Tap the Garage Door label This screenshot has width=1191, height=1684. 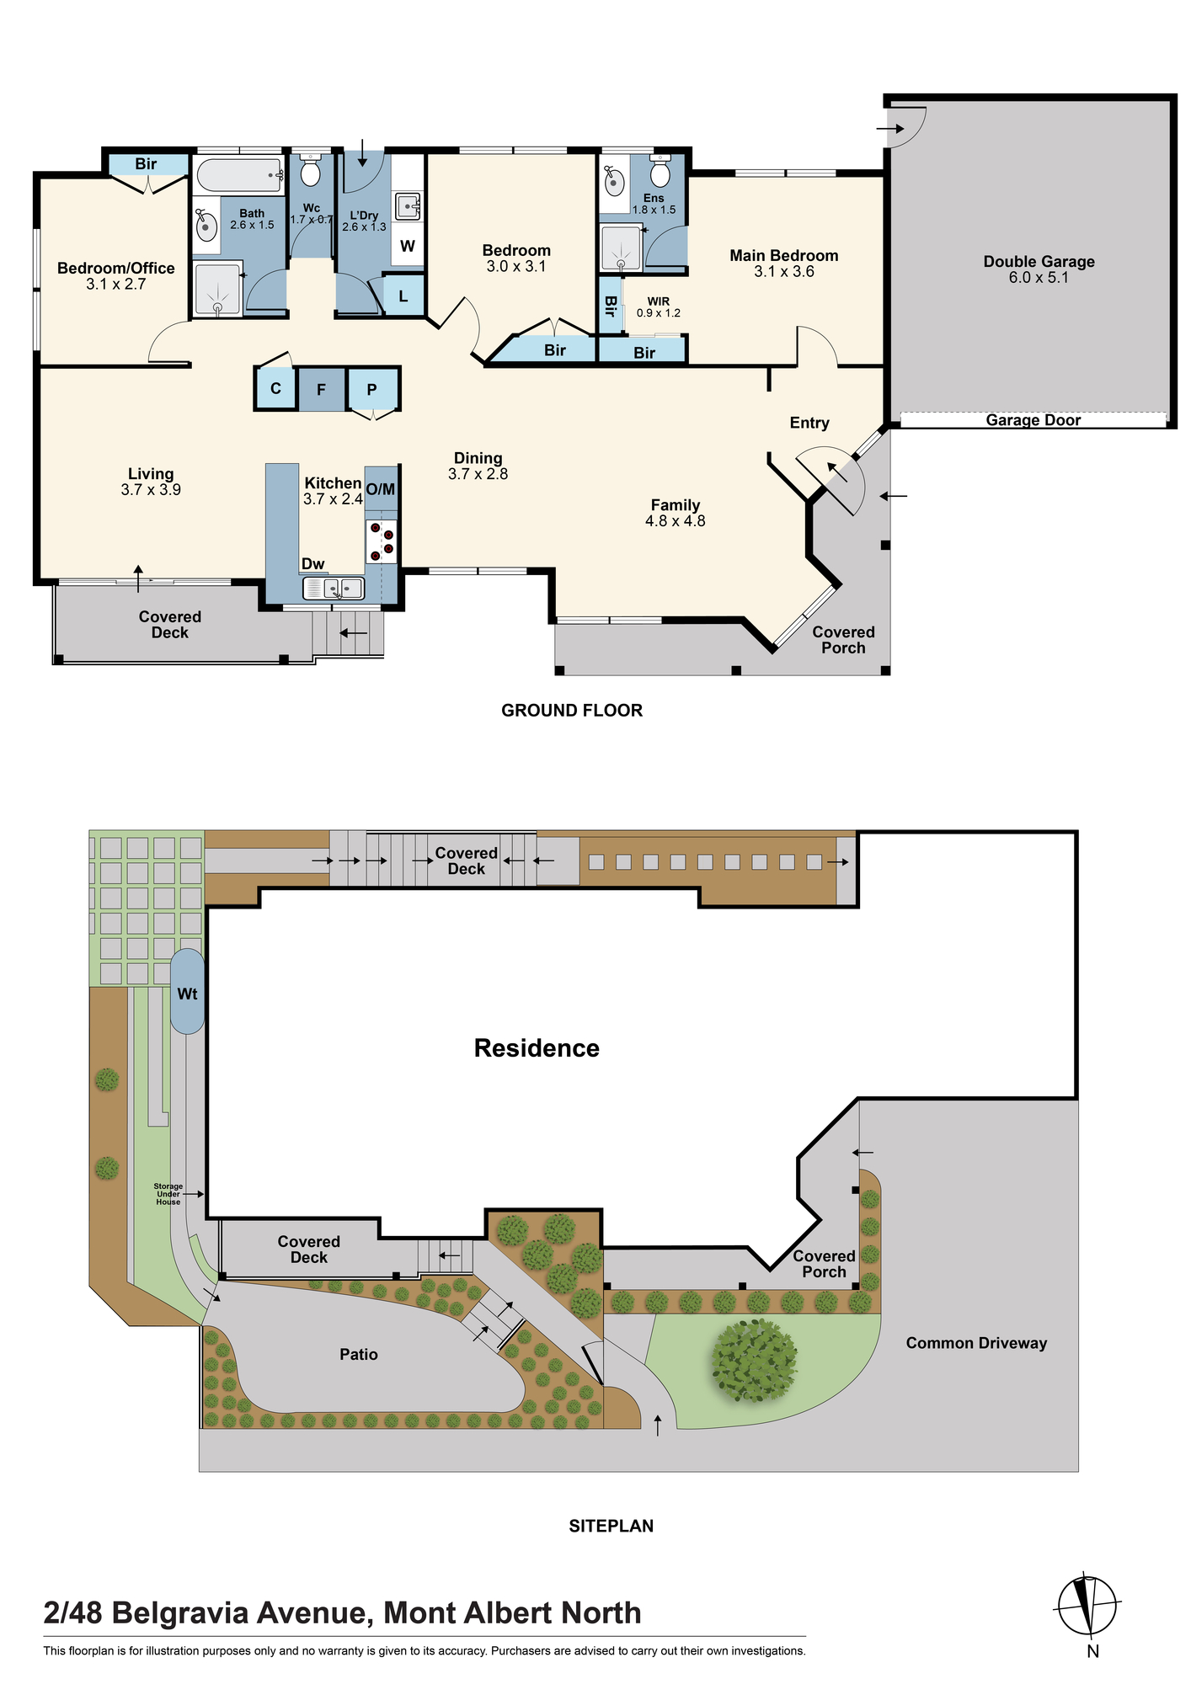point(1033,420)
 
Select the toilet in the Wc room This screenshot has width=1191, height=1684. point(311,170)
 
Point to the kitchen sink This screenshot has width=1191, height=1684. point(334,588)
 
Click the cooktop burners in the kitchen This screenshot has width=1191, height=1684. point(382,541)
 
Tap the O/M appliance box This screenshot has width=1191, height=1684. point(381,490)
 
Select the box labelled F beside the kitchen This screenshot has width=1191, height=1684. point(321,389)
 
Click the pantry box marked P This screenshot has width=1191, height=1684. point(371,389)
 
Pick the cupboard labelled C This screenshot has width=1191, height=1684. point(275,389)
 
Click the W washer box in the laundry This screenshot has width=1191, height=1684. point(408,246)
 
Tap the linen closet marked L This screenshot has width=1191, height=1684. point(403,296)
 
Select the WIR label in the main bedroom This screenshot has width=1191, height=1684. point(659,301)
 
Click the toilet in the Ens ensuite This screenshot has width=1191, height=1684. point(660,172)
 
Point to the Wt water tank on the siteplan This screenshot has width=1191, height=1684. point(187,992)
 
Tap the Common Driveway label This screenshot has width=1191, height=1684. point(976,1343)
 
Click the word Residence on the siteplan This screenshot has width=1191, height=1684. point(537,1048)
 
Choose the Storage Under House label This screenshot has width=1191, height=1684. point(168,1194)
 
